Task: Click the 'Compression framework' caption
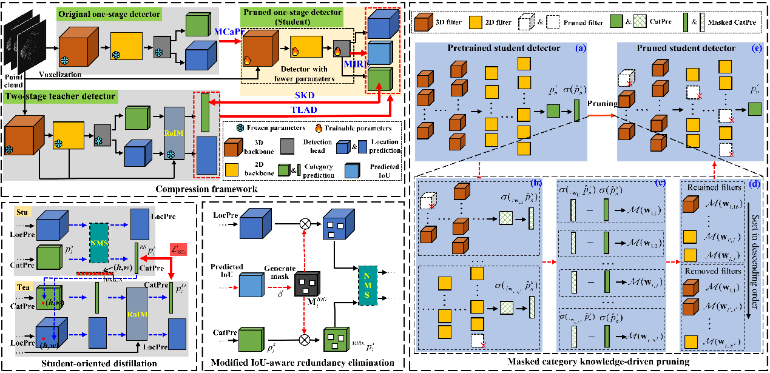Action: tap(203, 189)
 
